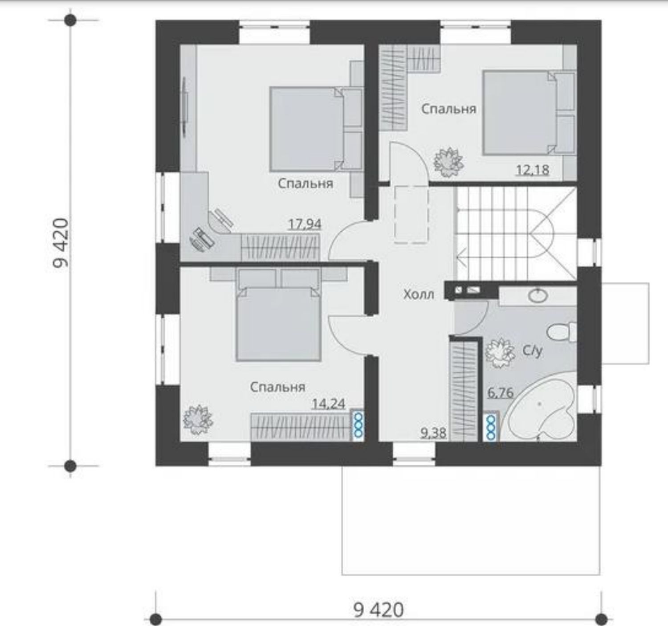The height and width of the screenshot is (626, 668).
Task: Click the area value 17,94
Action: click(305, 224)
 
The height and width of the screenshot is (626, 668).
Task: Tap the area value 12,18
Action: click(533, 170)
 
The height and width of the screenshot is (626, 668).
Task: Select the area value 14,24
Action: click(329, 404)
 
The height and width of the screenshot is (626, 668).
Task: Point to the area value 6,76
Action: click(501, 393)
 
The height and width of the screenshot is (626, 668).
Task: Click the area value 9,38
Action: click(434, 433)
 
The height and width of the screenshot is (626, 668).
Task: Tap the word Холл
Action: click(419, 295)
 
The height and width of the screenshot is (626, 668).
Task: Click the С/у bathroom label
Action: click(533, 351)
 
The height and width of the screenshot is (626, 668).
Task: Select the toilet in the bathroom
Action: click(562, 332)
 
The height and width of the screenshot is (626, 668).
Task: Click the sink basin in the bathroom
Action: click(538, 296)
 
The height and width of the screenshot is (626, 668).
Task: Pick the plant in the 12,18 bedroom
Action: click(449, 163)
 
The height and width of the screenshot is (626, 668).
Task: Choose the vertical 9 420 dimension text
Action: click(61, 243)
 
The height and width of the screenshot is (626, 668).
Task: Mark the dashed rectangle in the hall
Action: click(412, 214)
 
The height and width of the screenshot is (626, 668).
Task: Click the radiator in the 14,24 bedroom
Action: click(358, 425)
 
